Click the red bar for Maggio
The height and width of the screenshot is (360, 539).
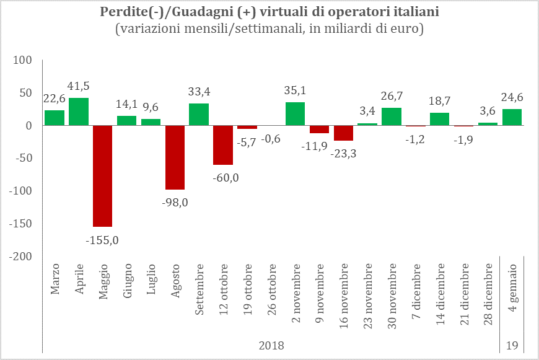tap(103, 176)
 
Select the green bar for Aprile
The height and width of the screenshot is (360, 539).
tap(79, 112)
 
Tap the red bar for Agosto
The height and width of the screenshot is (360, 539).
tap(175, 157)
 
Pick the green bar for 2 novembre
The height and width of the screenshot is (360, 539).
tap(296, 114)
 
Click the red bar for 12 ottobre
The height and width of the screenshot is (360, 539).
tap(223, 145)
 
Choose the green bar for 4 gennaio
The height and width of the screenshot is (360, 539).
tap(512, 117)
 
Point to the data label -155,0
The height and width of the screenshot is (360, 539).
tap(102, 240)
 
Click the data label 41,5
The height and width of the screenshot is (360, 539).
tap(79, 86)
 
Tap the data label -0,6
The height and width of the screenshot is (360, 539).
tap(271, 139)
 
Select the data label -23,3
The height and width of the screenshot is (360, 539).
tap(343, 154)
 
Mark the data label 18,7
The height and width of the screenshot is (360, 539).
tap(440, 101)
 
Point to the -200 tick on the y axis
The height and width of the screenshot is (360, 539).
tap(20, 257)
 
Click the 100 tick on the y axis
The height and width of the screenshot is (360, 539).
tap(22, 60)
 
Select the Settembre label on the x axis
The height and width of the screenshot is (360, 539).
tap(199, 289)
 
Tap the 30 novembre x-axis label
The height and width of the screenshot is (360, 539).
tap(392, 296)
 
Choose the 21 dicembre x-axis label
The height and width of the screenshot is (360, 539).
tap(465, 294)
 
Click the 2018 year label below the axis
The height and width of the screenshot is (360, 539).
tap(271, 345)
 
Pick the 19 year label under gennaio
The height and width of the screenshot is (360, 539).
tap(512, 345)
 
